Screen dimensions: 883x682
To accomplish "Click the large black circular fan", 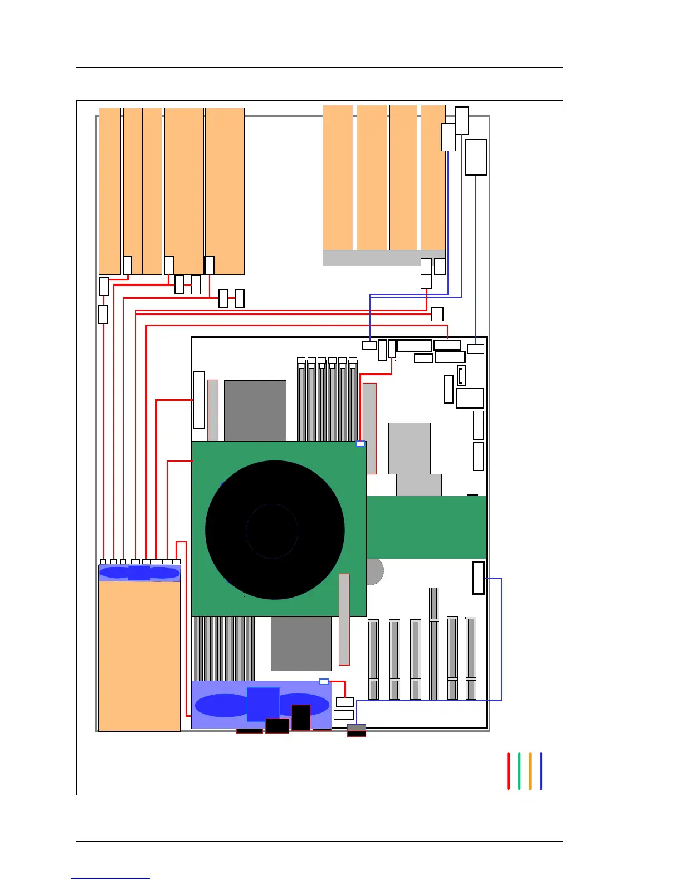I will pyautogui.click(x=274, y=530).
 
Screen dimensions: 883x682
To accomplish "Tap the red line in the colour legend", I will pyautogui.click(x=508, y=771).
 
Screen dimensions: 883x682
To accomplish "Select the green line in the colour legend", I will pyautogui.click(x=519, y=771).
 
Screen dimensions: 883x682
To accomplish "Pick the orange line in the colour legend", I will pyautogui.click(x=530, y=771).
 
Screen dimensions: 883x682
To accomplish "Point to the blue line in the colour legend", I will pyautogui.click(x=540, y=771).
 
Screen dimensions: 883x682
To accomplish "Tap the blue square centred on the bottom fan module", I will pyautogui.click(x=263, y=704).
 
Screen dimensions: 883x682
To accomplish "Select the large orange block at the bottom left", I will pyautogui.click(x=139, y=656).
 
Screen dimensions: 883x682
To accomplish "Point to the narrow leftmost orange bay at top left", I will pyautogui.click(x=110, y=191).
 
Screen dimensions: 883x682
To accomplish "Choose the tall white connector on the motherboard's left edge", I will pyautogui.click(x=199, y=400).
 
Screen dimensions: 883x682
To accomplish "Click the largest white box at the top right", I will pyautogui.click(x=475, y=157).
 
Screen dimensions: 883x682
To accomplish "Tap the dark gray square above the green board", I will pyautogui.click(x=255, y=410).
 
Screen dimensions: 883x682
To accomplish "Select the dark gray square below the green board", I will pyautogui.click(x=301, y=643).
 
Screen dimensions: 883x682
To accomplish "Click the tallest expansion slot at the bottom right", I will pyautogui.click(x=434, y=643).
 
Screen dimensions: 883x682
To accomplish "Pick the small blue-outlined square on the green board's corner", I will pyautogui.click(x=360, y=444).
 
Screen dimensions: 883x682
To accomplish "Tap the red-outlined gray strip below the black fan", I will pyautogui.click(x=344, y=619).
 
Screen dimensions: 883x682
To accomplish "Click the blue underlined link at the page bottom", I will pyautogui.click(x=110, y=878).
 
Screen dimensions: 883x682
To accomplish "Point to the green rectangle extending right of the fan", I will pyautogui.click(x=426, y=527).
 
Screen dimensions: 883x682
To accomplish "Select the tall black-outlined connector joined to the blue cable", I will pyautogui.click(x=478, y=578).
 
